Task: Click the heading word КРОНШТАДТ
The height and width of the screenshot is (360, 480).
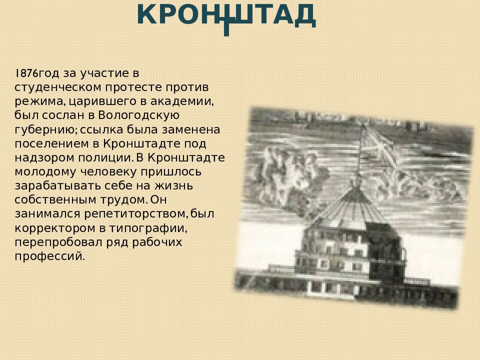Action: pyautogui.click(x=226, y=15)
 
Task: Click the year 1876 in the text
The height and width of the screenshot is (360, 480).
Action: pyautogui.click(x=26, y=73)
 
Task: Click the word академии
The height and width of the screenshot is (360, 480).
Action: pyautogui.click(x=188, y=101)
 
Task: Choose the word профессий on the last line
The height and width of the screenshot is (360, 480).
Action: pyautogui.click(x=49, y=256)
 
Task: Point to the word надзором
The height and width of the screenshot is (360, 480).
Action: pyautogui.click(x=39, y=158)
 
